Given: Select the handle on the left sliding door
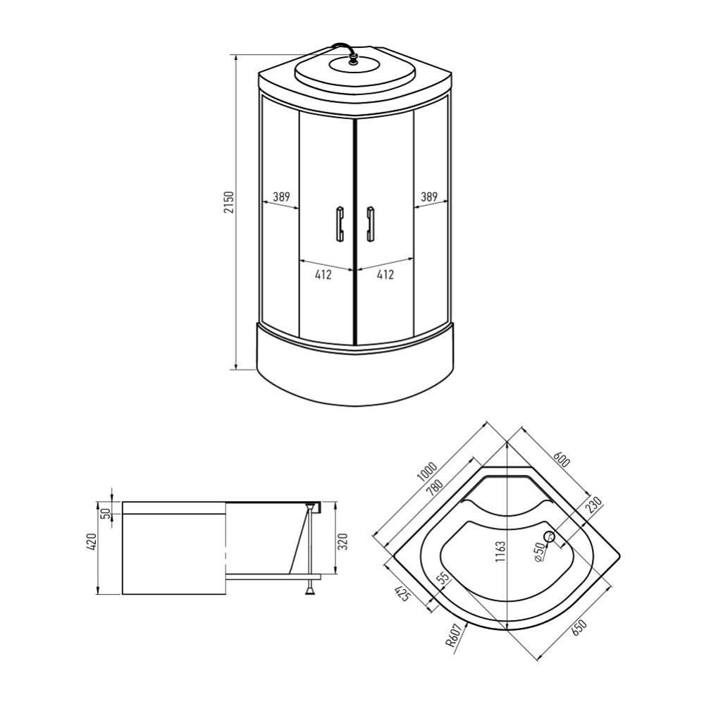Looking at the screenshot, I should pyautogui.click(x=339, y=224).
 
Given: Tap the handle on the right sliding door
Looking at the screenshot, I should pyautogui.click(x=369, y=224).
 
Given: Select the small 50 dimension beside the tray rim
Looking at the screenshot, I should pyautogui.click(x=106, y=513).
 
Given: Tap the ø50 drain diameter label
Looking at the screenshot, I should pyautogui.click(x=539, y=551).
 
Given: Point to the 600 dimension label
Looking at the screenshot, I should pyautogui.click(x=561, y=459).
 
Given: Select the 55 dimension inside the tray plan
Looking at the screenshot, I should pyautogui.click(x=443, y=579).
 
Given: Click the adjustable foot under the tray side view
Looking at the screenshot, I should pyautogui.click(x=309, y=589).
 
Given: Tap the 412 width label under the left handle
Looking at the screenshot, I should pyautogui.click(x=323, y=275).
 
